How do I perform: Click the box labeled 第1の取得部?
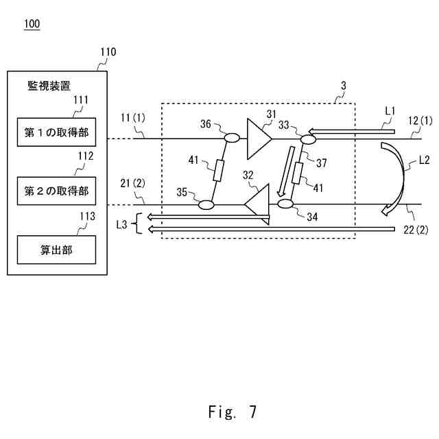(57, 132)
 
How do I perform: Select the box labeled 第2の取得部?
(57, 190)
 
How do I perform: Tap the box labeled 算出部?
(57, 250)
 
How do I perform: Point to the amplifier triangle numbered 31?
(258, 138)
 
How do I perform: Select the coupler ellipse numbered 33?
(307, 139)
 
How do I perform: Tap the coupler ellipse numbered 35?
(206, 204)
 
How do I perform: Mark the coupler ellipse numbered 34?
(285, 204)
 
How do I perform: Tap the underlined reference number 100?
(32, 25)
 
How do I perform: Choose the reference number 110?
(108, 52)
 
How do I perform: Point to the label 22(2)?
(416, 230)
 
